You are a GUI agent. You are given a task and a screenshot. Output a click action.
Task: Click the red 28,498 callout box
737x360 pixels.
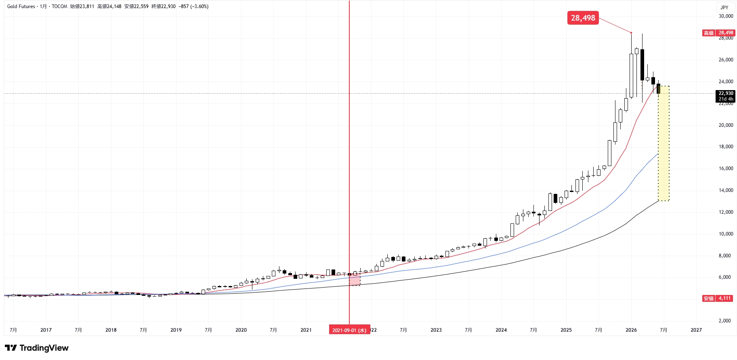pos(583,18)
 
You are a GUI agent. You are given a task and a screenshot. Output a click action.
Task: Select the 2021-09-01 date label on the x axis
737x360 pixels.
pos(349,330)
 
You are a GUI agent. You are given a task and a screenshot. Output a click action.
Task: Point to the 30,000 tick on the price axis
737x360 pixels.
pos(726,16)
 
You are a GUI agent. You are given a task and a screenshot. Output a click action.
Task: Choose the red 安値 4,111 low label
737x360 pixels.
pos(718,298)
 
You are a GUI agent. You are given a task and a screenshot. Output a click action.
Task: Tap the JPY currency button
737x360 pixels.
pos(724,7)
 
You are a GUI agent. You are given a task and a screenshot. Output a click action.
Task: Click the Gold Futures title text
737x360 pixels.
pos(21,6)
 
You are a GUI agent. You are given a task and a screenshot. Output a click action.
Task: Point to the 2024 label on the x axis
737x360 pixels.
pos(501,330)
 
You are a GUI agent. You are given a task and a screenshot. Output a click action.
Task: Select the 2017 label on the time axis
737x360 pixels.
pos(46,330)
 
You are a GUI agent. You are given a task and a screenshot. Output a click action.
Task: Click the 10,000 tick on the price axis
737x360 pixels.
pos(726,234)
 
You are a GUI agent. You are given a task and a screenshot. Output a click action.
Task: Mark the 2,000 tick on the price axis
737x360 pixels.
pos(727,321)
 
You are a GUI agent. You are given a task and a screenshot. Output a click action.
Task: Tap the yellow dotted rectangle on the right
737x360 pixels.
pos(664,143)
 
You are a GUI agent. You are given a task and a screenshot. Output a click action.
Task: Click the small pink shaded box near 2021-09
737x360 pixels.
pos(355,280)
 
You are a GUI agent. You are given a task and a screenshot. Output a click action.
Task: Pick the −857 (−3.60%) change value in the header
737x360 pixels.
pos(193,6)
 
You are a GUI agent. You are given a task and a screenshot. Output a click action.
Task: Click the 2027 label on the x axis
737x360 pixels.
pos(696,330)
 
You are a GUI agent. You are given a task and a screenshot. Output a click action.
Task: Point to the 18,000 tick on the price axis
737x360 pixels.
pos(726,147)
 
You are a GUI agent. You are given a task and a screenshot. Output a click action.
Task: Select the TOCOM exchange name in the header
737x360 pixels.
pos(59,6)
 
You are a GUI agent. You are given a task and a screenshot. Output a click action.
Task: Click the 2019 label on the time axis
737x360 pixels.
pos(176,330)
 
